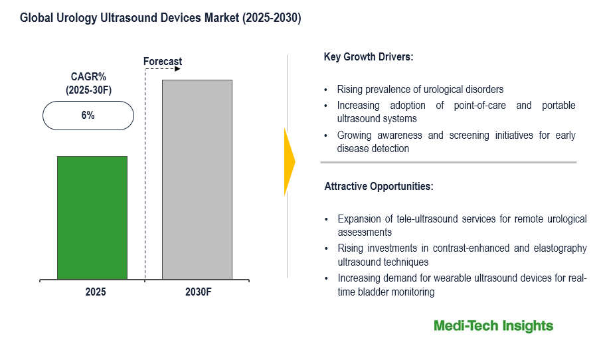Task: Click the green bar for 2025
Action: tap(92, 217)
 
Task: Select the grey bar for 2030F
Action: tap(197, 179)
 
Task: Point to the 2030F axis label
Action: tap(198, 292)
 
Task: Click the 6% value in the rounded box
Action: tap(88, 116)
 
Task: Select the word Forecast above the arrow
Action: tap(163, 62)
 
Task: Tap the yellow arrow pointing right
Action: tap(289, 161)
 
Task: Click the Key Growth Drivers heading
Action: tap(369, 57)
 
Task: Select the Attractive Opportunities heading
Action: tap(379, 187)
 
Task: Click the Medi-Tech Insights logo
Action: tap(493, 325)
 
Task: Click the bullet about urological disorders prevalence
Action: tap(420, 89)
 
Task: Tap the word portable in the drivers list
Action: tap(557, 106)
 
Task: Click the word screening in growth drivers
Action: tap(458, 135)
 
